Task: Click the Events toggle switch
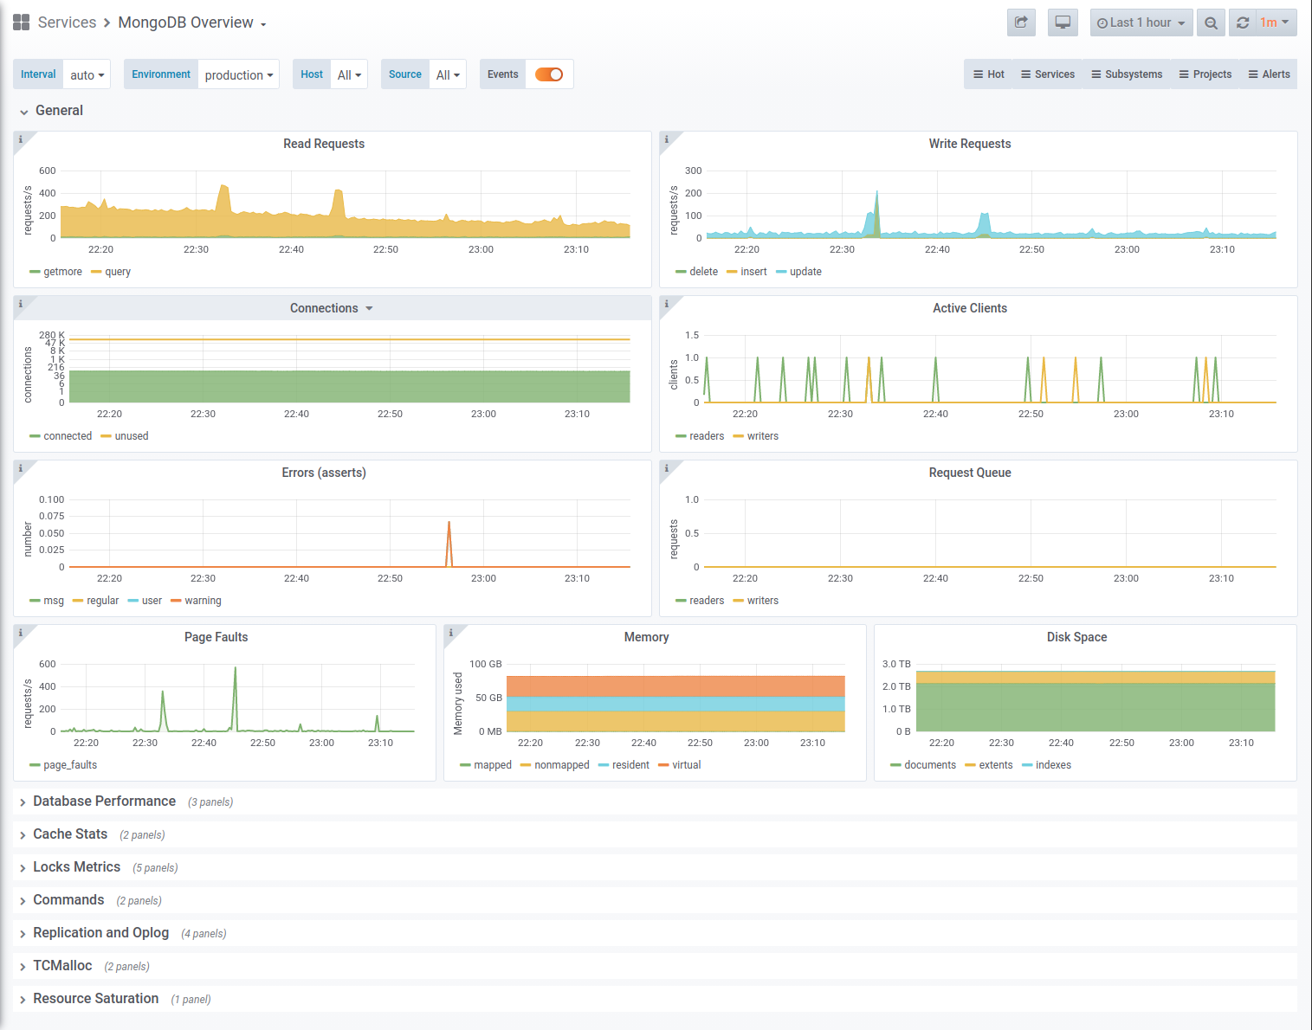pos(549,74)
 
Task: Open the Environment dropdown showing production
pos(238,74)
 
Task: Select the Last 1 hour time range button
pos(1141,23)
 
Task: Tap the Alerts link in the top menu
pos(1269,74)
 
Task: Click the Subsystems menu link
pos(1127,74)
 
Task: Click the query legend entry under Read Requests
pos(111,272)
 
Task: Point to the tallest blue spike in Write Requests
pos(876,192)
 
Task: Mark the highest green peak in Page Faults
pos(235,667)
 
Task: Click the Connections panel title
pos(324,308)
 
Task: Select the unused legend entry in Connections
pos(125,436)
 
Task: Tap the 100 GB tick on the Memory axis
pos(486,664)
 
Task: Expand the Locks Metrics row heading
pos(77,867)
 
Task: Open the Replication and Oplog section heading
pos(100,933)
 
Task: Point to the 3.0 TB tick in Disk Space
pos(896,664)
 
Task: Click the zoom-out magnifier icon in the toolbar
pos(1211,23)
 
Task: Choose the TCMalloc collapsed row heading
pos(63,966)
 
